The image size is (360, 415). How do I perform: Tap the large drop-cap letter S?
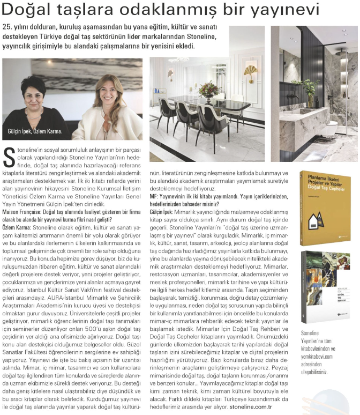(x=9, y=157)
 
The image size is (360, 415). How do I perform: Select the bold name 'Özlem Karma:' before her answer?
(x=16, y=228)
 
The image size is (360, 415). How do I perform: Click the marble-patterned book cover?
(x=325, y=285)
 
